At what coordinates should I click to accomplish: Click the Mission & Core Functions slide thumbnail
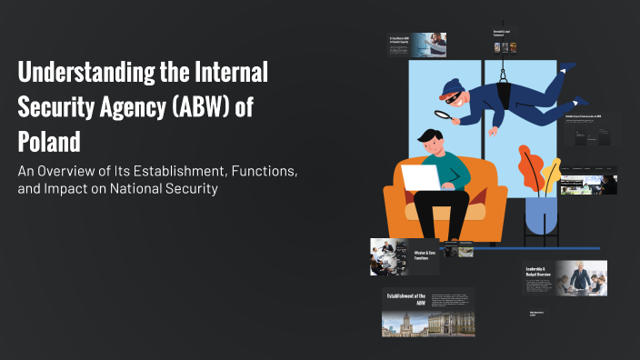coord(405,256)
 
